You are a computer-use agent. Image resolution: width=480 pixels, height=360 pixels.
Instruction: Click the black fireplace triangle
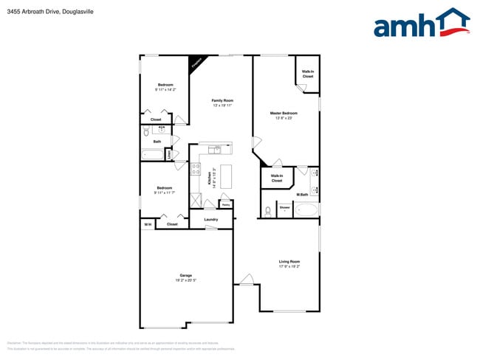196,63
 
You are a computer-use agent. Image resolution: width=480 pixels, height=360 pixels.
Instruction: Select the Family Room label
222,100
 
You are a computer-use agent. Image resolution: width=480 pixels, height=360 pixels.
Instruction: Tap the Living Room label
289,261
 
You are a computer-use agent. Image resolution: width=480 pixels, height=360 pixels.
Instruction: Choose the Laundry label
210,219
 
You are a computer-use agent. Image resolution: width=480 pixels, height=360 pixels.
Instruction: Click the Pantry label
226,204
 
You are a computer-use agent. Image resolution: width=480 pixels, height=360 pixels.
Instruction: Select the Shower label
284,207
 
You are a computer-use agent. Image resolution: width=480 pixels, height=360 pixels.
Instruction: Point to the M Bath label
302,195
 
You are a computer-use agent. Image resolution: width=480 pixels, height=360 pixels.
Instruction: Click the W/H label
148,224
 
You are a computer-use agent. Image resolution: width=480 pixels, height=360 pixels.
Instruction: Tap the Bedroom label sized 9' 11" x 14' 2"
165,85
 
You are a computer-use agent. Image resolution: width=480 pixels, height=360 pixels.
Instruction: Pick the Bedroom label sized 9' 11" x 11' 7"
164,187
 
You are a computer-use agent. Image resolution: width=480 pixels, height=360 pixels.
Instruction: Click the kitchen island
226,176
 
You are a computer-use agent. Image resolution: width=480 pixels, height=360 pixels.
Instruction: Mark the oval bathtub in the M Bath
306,210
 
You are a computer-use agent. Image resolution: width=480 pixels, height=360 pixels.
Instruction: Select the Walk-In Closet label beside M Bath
277,178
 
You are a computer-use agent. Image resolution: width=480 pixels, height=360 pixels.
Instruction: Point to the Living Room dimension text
289,266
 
